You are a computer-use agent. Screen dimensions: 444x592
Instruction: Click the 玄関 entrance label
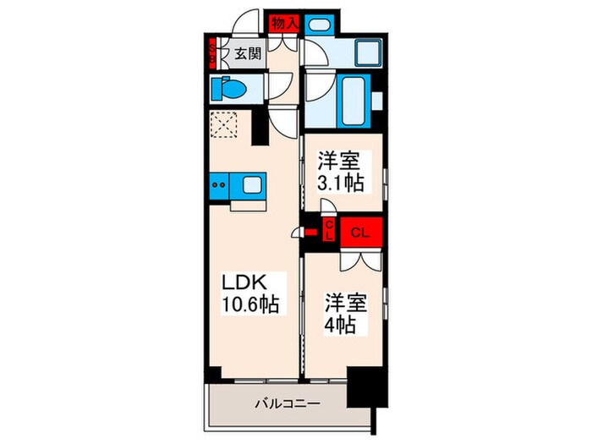tap(248, 56)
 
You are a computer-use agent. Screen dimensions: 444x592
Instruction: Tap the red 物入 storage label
tap(282, 24)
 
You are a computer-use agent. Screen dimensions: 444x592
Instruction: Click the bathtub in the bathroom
tap(350, 100)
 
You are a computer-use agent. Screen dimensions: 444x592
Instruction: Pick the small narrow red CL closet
tap(330, 228)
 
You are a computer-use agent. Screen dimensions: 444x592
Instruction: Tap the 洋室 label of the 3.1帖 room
tap(336, 158)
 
